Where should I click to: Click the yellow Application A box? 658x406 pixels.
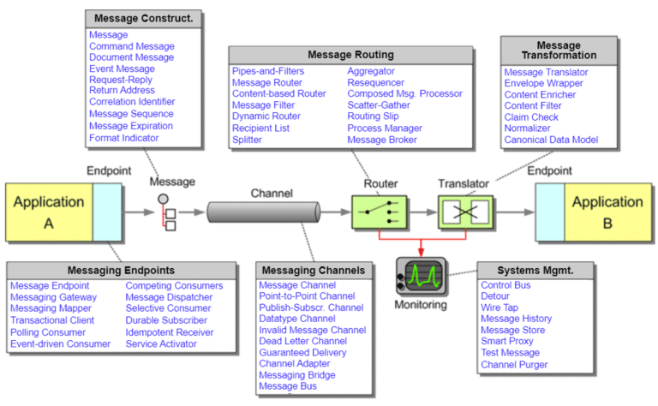pyautogui.click(x=50, y=211)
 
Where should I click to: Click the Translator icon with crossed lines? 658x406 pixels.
pyautogui.click(x=464, y=211)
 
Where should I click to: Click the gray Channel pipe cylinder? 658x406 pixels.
pyautogui.click(x=263, y=211)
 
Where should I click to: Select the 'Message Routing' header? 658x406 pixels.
pyautogui.click(x=350, y=55)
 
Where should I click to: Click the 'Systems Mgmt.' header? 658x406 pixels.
pyautogui.click(x=535, y=271)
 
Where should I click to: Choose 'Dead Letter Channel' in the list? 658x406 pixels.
pyautogui.click(x=302, y=341)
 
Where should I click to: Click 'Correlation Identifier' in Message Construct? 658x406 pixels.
pyautogui.click(x=131, y=102)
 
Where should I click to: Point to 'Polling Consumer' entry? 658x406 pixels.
pyautogui.click(x=51, y=332)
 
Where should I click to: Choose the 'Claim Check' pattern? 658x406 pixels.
pyautogui.click(x=533, y=117)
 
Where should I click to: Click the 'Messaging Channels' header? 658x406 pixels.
pyautogui.click(x=314, y=271)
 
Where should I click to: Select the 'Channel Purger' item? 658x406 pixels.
pyautogui.click(x=514, y=365)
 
